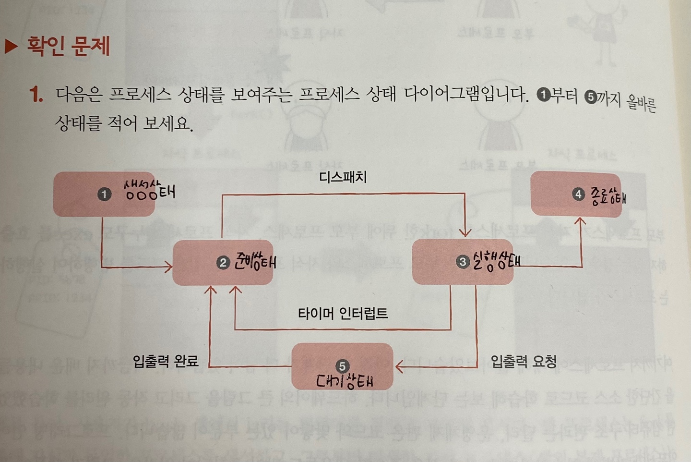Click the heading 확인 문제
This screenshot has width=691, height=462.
tap(68, 47)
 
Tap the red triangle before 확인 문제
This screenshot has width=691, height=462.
tap(11, 47)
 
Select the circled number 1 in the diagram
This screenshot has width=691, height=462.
tap(104, 194)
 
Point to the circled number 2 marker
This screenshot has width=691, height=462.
tap(223, 262)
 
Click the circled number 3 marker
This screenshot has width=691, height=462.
tap(462, 262)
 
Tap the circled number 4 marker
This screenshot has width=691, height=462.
tap(578, 194)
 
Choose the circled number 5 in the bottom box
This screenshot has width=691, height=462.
tap(342, 366)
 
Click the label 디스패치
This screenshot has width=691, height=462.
tap(343, 177)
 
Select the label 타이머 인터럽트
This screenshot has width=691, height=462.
tap(343, 314)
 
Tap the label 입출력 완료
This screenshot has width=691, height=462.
tap(166, 361)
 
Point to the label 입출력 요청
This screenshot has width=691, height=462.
tap(523, 361)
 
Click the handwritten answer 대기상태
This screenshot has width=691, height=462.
tap(344, 382)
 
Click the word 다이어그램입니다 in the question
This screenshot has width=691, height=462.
tap(465, 94)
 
